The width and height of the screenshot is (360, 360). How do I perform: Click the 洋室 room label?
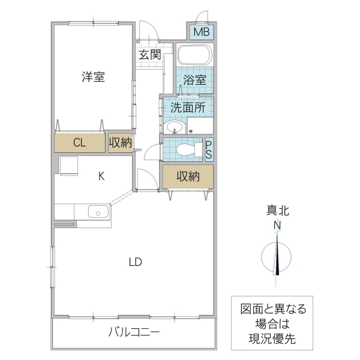[x=93, y=77]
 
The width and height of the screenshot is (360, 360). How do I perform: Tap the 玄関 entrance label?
[x=149, y=55]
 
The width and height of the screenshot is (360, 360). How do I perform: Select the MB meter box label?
[x=201, y=31]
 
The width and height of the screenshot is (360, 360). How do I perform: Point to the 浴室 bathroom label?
[x=194, y=80]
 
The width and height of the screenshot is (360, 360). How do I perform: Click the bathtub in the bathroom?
[x=195, y=55]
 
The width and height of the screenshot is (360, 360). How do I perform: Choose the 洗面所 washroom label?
[x=187, y=108]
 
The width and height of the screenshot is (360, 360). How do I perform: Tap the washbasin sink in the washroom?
[x=175, y=127]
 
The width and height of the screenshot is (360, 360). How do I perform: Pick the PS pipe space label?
[x=209, y=149]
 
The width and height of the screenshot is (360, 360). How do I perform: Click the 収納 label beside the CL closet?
[x=120, y=143]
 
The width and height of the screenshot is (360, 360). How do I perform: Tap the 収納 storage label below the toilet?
[x=188, y=176]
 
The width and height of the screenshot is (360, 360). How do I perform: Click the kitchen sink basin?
[x=98, y=211]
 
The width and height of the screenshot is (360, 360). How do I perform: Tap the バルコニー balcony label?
[x=134, y=332]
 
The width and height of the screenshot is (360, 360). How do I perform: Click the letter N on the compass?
[x=277, y=226]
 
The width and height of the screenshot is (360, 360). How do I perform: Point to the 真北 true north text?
[x=277, y=211]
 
